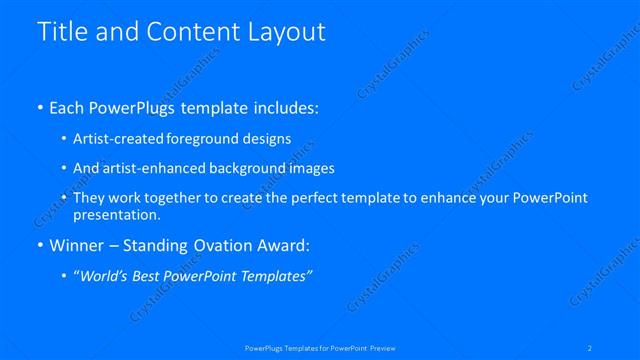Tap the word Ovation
(x=219, y=246)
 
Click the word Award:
(x=283, y=246)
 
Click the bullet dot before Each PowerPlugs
(x=39, y=108)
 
